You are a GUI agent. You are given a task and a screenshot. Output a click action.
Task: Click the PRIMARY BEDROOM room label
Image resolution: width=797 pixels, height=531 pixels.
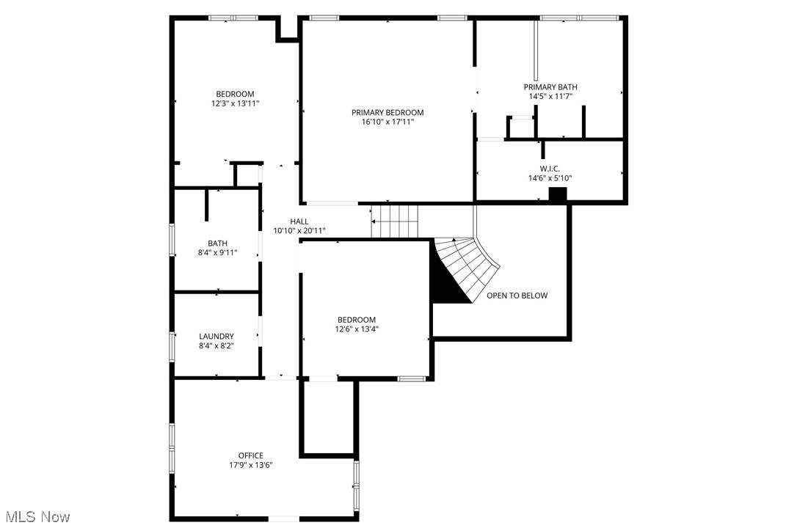click(x=387, y=112)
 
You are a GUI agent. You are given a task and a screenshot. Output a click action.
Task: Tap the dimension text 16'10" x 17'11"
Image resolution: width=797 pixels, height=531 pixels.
click(x=387, y=122)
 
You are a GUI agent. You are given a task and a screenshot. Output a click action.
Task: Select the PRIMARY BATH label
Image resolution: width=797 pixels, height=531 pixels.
click(x=550, y=87)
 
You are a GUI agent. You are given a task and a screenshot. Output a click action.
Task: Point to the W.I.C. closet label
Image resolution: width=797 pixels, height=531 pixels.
click(x=550, y=168)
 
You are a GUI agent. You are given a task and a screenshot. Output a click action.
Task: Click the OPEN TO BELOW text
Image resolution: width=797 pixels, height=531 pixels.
click(x=517, y=296)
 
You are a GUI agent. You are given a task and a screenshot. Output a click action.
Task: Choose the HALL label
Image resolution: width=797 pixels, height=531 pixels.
click(x=299, y=221)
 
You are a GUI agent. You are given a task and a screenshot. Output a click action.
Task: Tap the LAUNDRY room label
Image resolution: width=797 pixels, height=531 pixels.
click(x=216, y=336)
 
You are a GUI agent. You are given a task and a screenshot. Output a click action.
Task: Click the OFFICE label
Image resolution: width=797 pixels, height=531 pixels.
click(x=250, y=455)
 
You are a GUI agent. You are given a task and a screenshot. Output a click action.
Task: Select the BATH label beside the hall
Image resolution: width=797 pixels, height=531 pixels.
click(x=217, y=243)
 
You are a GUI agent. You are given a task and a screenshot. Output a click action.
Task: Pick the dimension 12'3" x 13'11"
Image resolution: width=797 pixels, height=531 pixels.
click(x=235, y=103)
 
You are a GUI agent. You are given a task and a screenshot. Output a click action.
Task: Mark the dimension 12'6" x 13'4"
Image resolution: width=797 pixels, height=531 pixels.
click(x=356, y=329)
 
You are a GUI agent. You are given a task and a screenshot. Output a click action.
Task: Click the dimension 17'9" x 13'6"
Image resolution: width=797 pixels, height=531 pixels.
click(x=250, y=465)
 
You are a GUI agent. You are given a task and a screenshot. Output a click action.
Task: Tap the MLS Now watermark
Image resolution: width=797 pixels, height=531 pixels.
click(x=35, y=517)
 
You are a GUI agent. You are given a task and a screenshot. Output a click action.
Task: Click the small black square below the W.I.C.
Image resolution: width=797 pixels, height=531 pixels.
click(x=558, y=194)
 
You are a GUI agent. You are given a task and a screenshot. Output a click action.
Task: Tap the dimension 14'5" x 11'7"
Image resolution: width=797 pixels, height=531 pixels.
click(x=550, y=96)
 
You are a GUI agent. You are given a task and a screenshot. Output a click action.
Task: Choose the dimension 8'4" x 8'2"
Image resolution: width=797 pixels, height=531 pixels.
click(x=216, y=345)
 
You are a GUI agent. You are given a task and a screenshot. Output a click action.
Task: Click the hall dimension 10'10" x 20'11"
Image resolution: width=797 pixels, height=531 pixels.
click(x=299, y=231)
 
